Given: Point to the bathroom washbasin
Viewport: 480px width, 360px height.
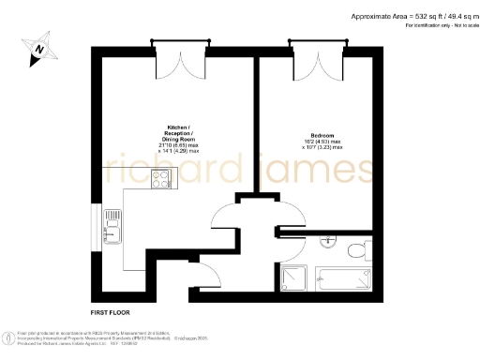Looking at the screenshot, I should pos(327,243).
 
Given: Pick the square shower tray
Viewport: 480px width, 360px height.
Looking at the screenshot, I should pos(294,277).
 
